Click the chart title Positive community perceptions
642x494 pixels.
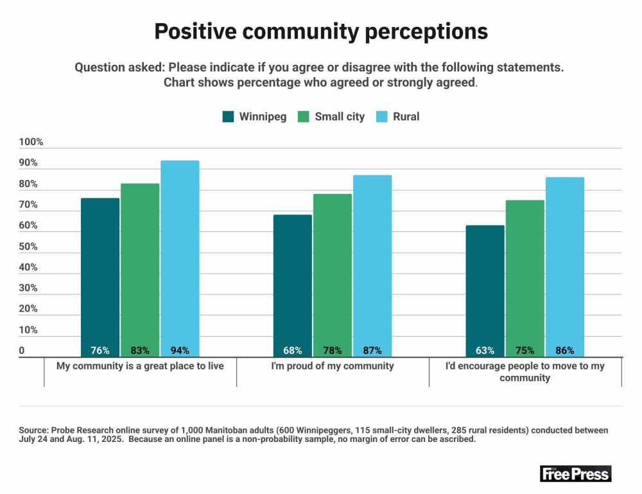[x=321, y=31]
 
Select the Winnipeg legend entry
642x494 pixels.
[x=254, y=116]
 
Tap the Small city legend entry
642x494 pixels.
[x=331, y=116]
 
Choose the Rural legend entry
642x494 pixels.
[x=398, y=116]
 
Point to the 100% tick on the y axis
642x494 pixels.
[x=31, y=142]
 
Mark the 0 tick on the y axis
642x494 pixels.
[x=22, y=351]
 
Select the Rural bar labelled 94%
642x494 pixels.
[x=180, y=257]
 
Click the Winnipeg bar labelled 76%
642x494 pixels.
[x=100, y=276]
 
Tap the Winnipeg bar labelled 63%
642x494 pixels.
[x=485, y=289]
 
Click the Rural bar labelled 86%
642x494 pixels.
[x=565, y=263]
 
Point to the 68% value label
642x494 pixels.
[x=293, y=351]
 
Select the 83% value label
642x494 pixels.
[x=140, y=351]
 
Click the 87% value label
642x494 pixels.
[x=372, y=351]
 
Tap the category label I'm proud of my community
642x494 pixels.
[x=333, y=366]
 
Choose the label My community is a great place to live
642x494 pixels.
[x=140, y=366]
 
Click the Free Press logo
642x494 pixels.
[x=576, y=474]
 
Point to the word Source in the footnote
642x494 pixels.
[x=33, y=430]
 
